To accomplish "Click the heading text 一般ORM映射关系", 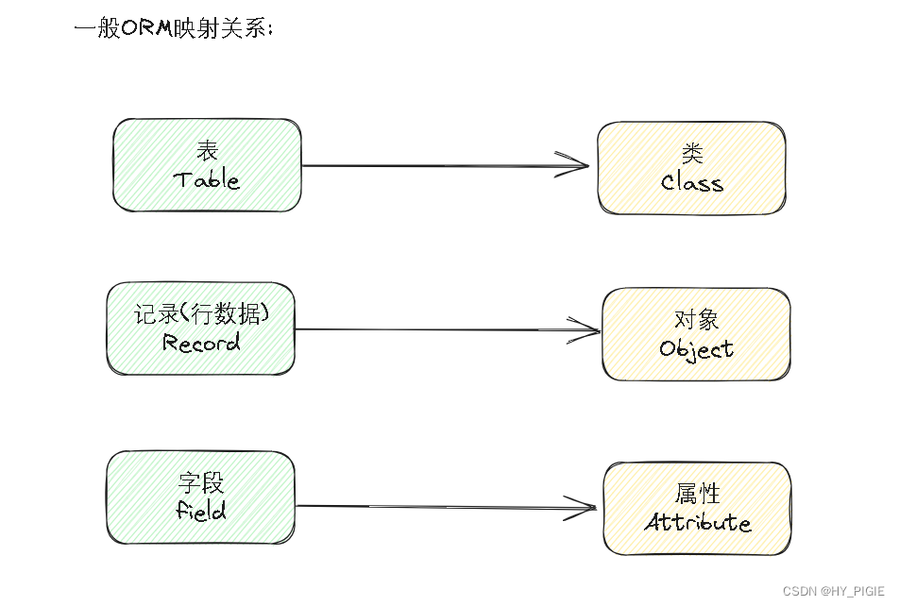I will [174, 28].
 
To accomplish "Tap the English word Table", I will [207, 180].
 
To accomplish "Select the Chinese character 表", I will [207, 151].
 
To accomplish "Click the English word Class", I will [692, 183].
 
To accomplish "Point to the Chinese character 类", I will [692, 155].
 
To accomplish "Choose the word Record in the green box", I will [201, 343].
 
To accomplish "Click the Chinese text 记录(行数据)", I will [201, 313].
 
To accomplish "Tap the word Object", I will [697, 349].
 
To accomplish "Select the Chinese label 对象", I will [697, 320].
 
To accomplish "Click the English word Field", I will [201, 512].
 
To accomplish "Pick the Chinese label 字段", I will [201, 483].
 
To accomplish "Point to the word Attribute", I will [698, 523].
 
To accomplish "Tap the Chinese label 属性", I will [698, 494].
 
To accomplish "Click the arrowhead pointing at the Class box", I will [576, 164].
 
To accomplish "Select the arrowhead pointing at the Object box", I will [587, 330].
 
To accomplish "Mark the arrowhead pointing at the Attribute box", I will [584, 507].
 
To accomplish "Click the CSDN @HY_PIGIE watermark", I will [834, 591].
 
